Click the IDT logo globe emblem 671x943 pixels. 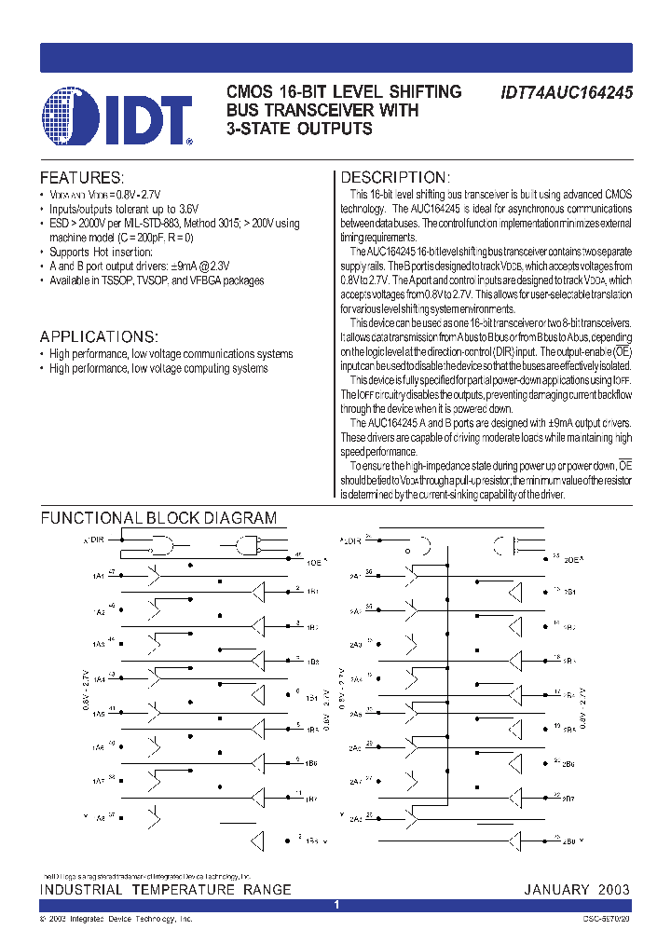70,116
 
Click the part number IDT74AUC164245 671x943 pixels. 567,94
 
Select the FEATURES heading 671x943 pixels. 81,178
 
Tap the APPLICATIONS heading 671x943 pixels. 99,336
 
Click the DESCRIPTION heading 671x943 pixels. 395,178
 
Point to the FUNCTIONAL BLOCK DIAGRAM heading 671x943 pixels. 157,518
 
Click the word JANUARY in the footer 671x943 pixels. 556,890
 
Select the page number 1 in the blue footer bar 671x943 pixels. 336,905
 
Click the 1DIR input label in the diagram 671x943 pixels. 94,540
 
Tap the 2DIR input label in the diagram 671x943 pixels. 350,540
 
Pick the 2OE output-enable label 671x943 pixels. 572,561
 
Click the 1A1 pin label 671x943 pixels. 98,577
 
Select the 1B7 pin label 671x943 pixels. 311,799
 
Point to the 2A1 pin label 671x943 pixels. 355,577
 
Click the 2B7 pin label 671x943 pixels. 568,799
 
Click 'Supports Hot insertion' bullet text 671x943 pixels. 101,253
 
